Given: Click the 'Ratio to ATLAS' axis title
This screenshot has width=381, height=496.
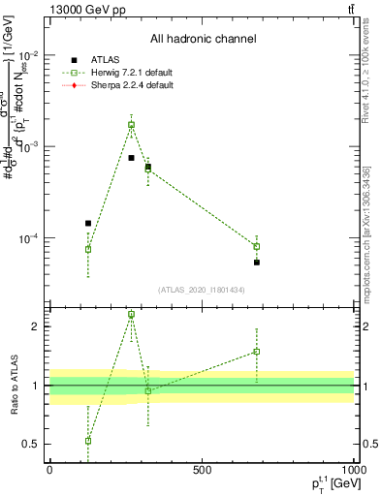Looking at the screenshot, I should [x=12, y=386].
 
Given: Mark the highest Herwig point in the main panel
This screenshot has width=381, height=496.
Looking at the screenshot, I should [x=132, y=124].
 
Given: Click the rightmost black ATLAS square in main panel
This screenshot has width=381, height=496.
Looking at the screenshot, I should [x=257, y=263].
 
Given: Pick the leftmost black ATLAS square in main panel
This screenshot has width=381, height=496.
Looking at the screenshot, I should [x=88, y=223].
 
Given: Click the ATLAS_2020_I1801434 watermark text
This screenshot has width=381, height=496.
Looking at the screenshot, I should [x=203, y=290].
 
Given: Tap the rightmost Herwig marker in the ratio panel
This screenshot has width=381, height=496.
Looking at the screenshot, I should [x=257, y=352].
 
